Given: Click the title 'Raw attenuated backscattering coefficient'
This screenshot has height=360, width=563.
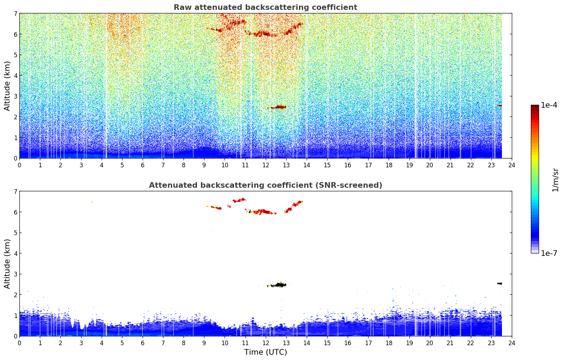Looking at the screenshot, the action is tap(265, 7).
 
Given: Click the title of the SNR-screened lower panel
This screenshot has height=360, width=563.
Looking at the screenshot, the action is tap(265, 185).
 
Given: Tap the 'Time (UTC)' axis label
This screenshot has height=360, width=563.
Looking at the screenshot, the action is tap(265, 352).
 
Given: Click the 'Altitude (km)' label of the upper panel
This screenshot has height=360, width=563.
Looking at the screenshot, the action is tap(7, 86).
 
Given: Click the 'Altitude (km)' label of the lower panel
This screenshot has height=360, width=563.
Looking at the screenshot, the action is tap(7, 264).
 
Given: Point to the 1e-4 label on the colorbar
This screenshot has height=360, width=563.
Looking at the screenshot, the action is tap(549, 105).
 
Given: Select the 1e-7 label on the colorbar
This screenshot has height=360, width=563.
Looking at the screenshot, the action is tap(549, 253).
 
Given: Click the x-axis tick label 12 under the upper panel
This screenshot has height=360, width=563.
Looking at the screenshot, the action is tap(266, 165).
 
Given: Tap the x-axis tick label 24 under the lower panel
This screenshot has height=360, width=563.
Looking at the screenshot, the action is tap(512, 343).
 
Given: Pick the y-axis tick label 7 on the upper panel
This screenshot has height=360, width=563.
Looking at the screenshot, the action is tap(16, 13).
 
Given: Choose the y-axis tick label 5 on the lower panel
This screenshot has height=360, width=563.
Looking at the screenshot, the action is tap(16, 233).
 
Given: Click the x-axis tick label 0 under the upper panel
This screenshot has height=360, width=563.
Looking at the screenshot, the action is tap(20, 165).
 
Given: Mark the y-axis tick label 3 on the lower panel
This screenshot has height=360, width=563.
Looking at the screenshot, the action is tap(16, 274).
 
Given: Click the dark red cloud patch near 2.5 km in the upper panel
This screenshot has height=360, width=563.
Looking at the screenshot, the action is tap(278, 107).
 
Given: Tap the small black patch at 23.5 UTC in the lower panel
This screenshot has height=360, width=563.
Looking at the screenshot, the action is tap(500, 283).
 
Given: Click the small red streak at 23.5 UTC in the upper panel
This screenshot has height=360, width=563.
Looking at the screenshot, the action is tap(500, 106).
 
